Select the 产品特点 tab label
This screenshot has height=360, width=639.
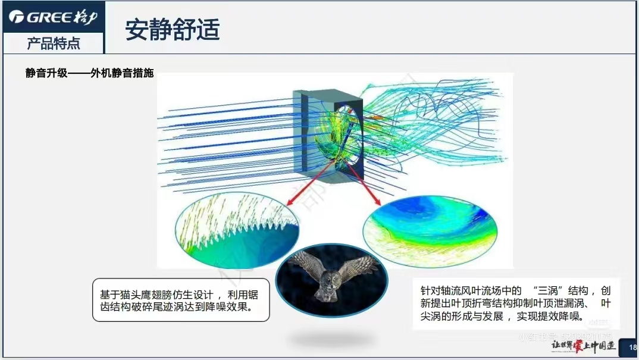(54, 43)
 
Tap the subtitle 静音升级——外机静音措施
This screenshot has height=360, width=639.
(89, 73)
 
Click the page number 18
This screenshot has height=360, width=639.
(632, 348)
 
